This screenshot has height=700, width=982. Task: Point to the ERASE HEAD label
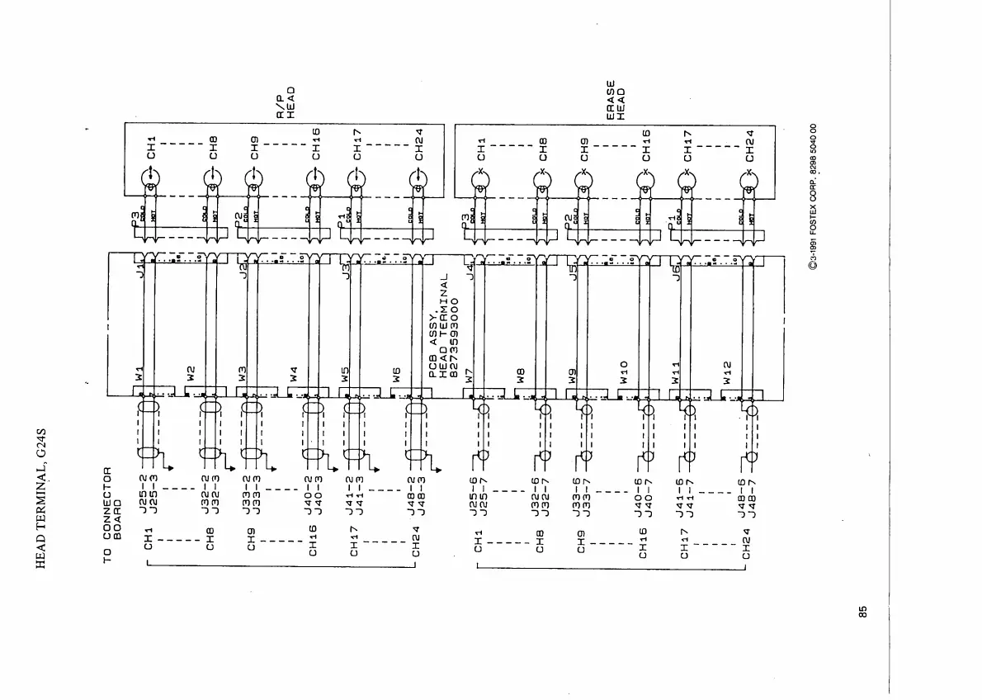pyautogui.click(x=616, y=100)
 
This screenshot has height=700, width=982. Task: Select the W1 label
pyautogui.click(x=139, y=373)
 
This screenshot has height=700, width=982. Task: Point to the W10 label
pyautogui.click(x=624, y=371)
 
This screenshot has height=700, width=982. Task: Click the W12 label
pyautogui.click(x=727, y=371)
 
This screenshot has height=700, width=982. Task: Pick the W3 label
pyautogui.click(x=243, y=374)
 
